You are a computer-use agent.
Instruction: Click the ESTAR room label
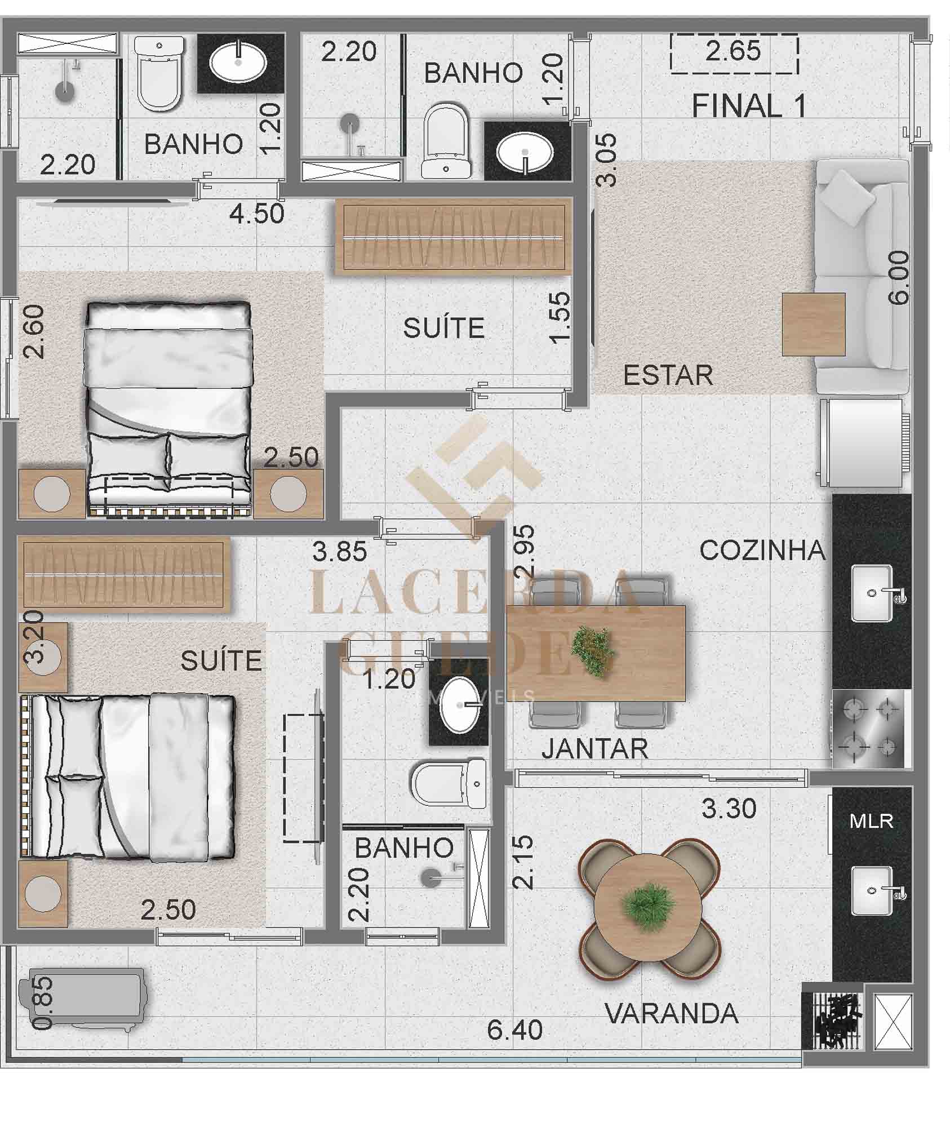668,375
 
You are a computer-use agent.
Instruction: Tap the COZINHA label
762,551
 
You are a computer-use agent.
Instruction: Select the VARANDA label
671,1014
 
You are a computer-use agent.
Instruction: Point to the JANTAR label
594,749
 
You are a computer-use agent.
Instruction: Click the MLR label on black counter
871,822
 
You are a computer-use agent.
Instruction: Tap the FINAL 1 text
749,105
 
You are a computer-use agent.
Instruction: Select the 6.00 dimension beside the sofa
898,278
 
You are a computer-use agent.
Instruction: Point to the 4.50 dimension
257,214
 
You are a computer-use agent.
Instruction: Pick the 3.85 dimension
340,552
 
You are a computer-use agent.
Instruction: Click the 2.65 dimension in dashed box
734,51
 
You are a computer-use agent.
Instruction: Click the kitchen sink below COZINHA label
875,594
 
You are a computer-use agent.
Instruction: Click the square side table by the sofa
814,324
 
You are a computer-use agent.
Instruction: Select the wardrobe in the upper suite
454,237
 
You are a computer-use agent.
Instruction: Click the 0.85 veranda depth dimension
43,1004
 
